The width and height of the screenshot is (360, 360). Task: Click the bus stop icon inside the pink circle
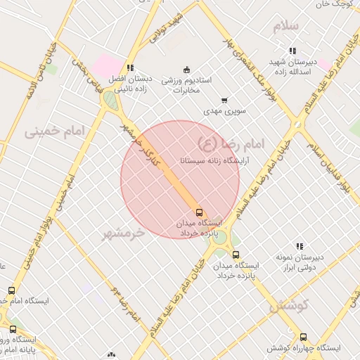click(x=200, y=212)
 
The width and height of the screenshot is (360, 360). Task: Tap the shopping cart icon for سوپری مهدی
click(x=224, y=101)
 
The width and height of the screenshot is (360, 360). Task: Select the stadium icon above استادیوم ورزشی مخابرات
click(x=186, y=69)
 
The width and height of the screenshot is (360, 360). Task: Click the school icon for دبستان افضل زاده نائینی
click(x=130, y=68)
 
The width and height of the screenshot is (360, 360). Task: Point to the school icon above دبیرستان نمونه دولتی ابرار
click(x=300, y=246)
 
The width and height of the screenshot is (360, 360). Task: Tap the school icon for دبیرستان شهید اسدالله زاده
click(x=292, y=51)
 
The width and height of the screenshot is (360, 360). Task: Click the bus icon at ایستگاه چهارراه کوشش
click(x=303, y=337)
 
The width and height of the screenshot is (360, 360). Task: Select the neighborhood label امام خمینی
click(x=53, y=131)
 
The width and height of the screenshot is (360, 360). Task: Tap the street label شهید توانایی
click(x=172, y=26)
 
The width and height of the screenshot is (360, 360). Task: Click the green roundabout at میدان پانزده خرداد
click(x=220, y=237)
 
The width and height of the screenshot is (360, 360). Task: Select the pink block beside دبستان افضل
click(x=105, y=66)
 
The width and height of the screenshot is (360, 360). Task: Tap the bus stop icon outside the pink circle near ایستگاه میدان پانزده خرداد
click(x=236, y=255)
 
